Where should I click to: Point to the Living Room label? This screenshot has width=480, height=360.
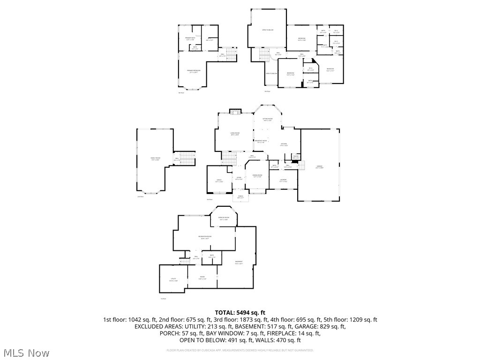[x=235, y=134]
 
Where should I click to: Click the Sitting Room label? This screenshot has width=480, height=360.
[x=267, y=120]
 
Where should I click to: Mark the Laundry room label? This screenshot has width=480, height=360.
[x=283, y=180]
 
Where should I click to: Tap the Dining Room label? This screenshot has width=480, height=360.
[x=257, y=176]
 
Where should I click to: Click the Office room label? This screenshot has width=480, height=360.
[x=218, y=180]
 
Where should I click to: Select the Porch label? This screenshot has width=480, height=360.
[x=240, y=197]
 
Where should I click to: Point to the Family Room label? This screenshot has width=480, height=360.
[x=155, y=159]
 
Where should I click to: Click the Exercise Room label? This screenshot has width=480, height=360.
[x=223, y=218]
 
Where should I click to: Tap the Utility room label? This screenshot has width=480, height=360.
[x=173, y=280]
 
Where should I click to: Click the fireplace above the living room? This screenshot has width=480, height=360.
[x=235, y=112]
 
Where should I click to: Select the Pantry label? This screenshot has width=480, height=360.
[x=296, y=156]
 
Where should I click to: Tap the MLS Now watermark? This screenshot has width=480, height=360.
[x=27, y=352]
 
